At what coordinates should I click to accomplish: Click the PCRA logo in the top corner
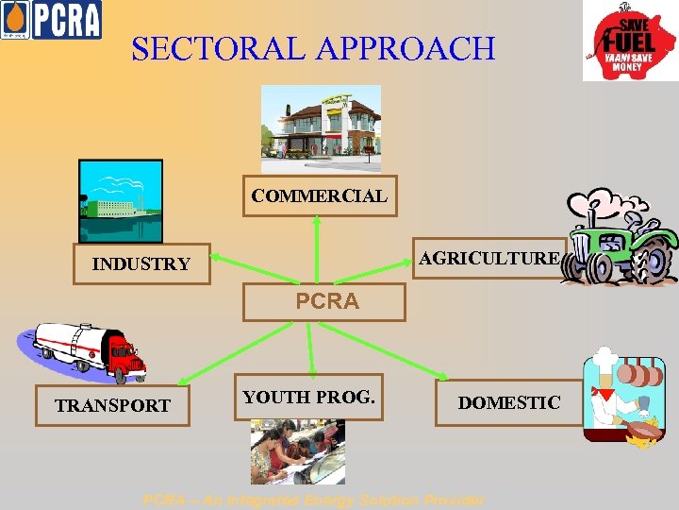click(51, 20)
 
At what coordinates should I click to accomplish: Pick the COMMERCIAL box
click(319, 196)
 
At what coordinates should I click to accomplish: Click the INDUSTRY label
click(141, 264)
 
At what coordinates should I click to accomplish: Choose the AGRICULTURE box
click(489, 258)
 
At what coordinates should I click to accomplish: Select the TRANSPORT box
click(112, 406)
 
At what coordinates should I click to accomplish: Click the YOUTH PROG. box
click(308, 398)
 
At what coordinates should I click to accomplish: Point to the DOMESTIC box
click(508, 403)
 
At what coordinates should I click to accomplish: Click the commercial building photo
click(321, 128)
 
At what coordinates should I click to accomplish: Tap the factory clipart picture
click(120, 201)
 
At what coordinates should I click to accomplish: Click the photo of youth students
click(297, 451)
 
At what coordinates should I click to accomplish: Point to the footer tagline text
click(313, 500)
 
